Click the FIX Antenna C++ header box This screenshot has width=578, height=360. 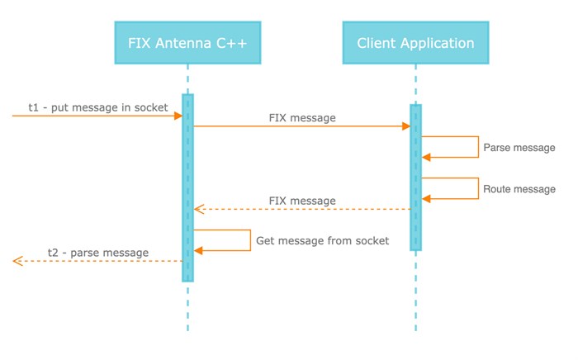187,43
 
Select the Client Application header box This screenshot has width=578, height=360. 415,43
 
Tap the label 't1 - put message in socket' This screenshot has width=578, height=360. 98,107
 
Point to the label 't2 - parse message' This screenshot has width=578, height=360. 98,252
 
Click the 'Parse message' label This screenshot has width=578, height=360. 519,148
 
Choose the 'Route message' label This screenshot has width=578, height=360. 519,189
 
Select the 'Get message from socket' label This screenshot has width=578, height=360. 322,241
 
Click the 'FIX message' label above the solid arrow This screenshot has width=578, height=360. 302,117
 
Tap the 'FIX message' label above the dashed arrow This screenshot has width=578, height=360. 302,201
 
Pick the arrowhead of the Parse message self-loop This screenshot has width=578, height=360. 426,157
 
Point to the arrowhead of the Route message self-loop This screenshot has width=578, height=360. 426,198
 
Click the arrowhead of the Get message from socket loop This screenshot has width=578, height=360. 198,250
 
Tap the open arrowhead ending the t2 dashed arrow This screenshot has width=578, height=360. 17,261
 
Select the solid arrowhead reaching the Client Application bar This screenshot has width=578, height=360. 406,126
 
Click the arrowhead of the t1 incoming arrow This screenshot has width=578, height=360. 178,116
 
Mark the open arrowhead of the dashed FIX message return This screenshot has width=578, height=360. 197,209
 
